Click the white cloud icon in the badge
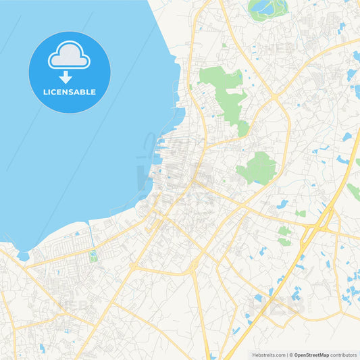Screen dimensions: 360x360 [69, 55]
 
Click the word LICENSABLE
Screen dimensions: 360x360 [69, 92]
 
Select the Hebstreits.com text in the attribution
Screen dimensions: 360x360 [267, 355]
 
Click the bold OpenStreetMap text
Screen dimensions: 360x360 [311, 355]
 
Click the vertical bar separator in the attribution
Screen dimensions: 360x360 [288, 355]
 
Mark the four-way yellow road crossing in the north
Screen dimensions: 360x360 [276, 99]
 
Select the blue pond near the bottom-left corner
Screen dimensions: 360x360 [42, 347]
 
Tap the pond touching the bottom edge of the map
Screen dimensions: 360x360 [213, 356]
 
